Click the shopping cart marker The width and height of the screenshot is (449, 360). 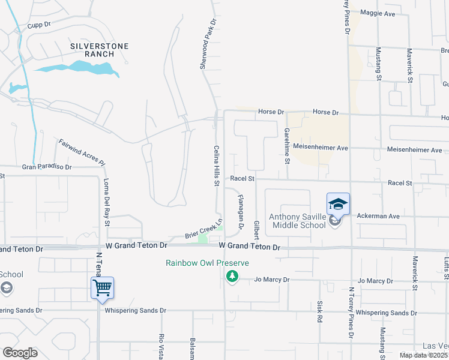pos(102,288)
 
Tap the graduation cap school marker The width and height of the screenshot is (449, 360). pos(338,204)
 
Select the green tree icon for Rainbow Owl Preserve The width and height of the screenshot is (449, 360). pos(232,276)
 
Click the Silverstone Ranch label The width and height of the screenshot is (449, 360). pos(92,50)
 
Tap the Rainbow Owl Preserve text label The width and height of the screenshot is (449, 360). pos(208,263)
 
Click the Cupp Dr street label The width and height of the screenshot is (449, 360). pos(40,26)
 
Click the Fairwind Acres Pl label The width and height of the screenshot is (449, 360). pos(82,153)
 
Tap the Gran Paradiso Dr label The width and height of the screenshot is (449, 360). pos(47,167)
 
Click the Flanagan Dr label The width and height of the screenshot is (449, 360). pos(241,212)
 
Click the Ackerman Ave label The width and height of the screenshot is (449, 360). pos(378,216)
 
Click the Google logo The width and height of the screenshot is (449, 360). pos(20,353)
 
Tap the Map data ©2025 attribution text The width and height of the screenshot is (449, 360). pos(423,355)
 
